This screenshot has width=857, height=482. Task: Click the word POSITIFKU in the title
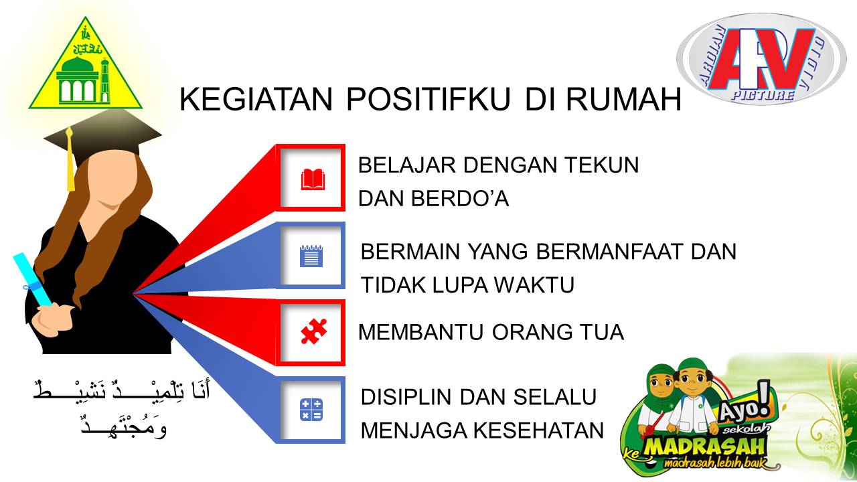[428, 99]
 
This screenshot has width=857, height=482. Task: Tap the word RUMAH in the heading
[623, 99]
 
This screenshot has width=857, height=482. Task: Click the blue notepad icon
[311, 256]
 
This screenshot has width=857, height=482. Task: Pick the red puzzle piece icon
[314, 331]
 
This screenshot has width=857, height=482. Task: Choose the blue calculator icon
[311, 410]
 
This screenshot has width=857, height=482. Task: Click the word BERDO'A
[460, 199]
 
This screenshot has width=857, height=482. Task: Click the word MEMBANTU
[421, 332]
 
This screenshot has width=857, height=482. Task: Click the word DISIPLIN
[406, 397]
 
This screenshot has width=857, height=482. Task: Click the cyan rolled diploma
[33, 279]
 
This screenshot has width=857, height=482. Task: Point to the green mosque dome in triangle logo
[78, 64]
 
